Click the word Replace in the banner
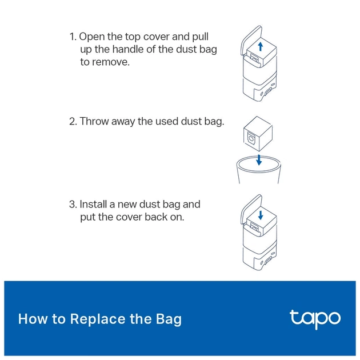(98, 319)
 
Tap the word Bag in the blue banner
(169, 319)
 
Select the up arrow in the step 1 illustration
(261, 46)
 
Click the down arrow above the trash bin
(259, 160)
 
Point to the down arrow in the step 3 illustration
(261, 215)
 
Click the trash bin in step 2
(258, 170)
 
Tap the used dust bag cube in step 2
(258, 134)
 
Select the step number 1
(73, 37)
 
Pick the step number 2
(73, 122)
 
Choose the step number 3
(73, 205)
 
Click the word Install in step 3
(93, 204)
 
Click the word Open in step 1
(92, 37)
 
